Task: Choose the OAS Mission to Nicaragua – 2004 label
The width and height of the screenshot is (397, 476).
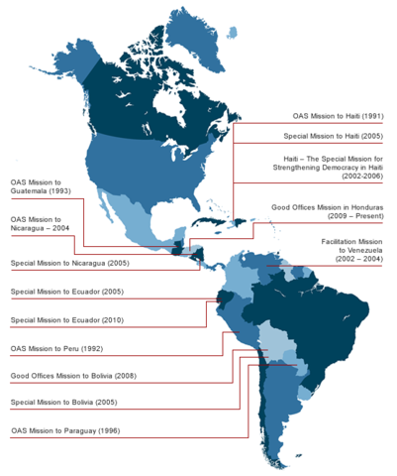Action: click(x=45, y=224)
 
